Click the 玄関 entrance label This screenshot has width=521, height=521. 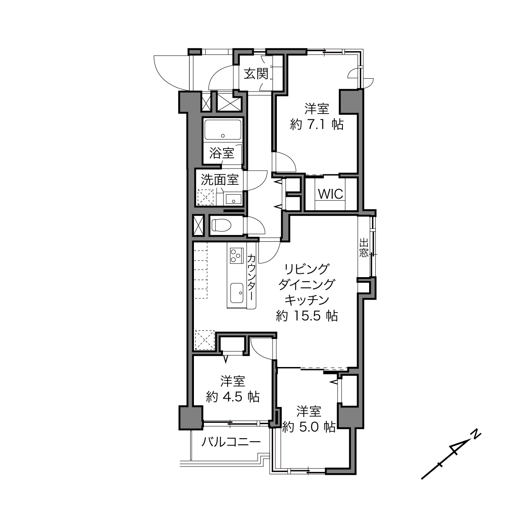coord(256,74)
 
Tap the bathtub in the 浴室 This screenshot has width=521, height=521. coord(223,130)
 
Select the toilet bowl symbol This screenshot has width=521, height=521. coord(221,225)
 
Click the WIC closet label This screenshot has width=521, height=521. coord(330,194)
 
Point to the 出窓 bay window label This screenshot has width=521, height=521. coord(364,247)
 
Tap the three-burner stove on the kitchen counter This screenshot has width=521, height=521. coord(237,256)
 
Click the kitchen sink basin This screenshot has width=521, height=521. coord(237,293)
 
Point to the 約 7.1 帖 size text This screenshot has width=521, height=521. coord(317,125)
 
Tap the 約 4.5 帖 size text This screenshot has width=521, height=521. coord(233,397)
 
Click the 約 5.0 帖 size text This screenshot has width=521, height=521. coord(309,427)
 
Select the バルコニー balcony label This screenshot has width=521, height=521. coord(231,442)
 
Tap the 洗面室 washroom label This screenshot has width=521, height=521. coord(220,180)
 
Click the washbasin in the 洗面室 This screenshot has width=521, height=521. coord(233,199)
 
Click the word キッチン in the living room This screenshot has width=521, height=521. coord(307,300)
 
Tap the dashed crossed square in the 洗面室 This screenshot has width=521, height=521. coord(206,197)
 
